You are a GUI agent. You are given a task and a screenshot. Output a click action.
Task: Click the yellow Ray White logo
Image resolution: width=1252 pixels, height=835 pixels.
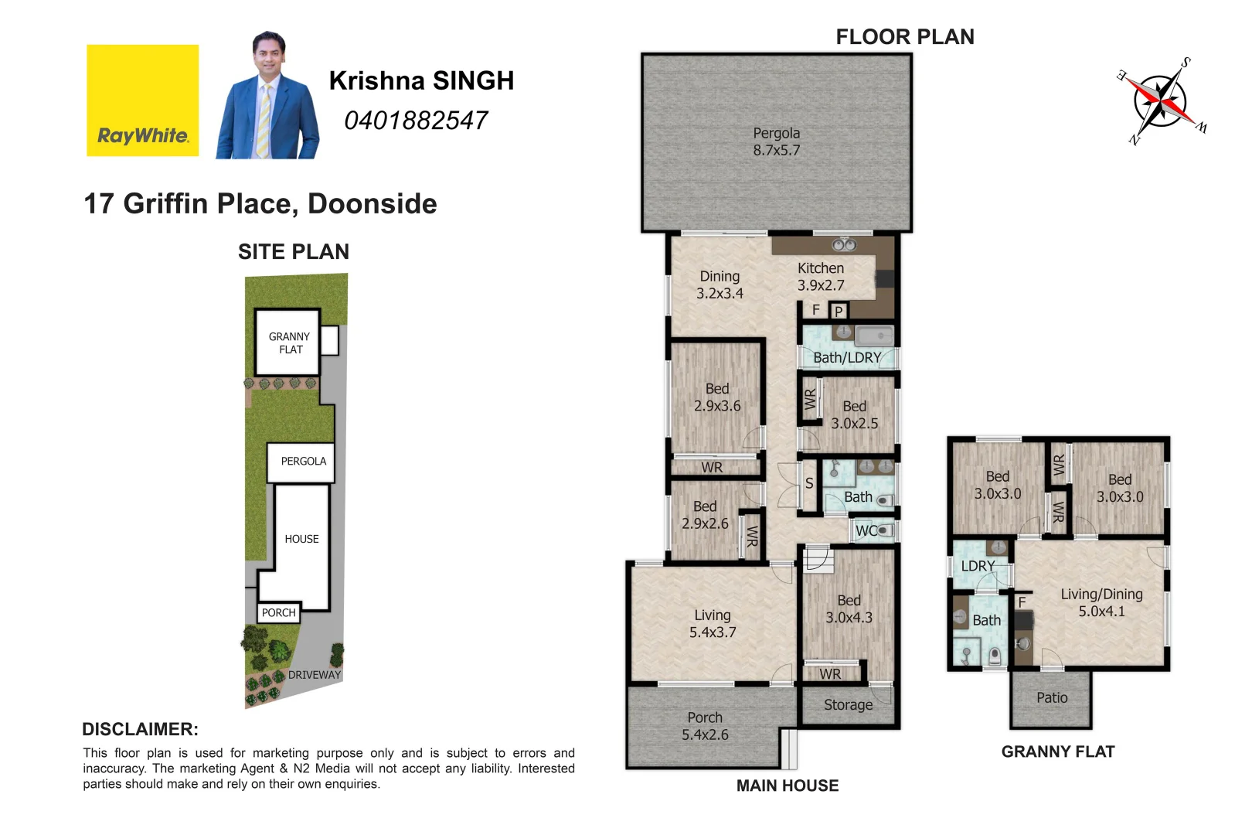tap(142, 101)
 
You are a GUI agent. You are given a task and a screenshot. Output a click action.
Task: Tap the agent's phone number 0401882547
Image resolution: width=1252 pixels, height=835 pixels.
tap(416, 121)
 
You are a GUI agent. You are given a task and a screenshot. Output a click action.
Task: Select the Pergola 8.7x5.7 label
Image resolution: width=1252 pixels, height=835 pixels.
tap(777, 141)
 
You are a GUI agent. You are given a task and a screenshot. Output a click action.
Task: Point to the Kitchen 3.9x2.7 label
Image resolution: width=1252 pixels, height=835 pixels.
tap(821, 277)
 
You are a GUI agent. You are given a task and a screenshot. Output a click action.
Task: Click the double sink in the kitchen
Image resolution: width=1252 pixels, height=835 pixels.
tap(844, 245)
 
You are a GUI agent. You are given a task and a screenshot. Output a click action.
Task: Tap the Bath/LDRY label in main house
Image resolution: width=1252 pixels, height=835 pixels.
tap(847, 358)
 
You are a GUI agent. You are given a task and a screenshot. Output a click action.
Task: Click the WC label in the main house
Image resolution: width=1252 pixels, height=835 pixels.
tap(866, 530)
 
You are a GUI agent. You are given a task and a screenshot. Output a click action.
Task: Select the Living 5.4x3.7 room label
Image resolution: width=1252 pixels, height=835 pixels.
tap(713, 623)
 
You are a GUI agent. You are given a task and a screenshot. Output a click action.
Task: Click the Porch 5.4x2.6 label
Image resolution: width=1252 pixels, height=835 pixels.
tap(705, 726)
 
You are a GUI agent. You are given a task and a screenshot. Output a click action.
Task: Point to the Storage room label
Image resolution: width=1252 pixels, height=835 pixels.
tap(848, 705)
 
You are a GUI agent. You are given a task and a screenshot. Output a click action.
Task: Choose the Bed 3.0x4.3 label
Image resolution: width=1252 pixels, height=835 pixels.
tap(849, 609)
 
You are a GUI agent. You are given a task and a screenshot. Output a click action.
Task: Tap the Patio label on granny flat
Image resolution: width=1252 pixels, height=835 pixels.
tap(1052, 698)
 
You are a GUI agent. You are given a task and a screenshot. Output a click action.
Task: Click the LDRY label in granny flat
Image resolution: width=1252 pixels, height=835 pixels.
tap(978, 566)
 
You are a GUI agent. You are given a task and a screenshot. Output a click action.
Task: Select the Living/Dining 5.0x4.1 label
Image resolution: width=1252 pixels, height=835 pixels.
tap(1101, 602)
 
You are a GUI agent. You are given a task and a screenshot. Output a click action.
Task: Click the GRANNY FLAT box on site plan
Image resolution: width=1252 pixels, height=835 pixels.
tap(288, 343)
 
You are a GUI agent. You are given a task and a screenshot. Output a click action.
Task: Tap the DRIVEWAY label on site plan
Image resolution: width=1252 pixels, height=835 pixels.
tap(314, 675)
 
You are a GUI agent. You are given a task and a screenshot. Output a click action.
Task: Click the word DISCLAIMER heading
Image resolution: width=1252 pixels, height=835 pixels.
tap(140, 729)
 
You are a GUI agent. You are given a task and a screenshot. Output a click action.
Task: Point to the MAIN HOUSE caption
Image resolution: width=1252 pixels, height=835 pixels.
tap(787, 786)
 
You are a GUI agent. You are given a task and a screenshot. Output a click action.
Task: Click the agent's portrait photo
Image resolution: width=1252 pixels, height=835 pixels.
tap(268, 97)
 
